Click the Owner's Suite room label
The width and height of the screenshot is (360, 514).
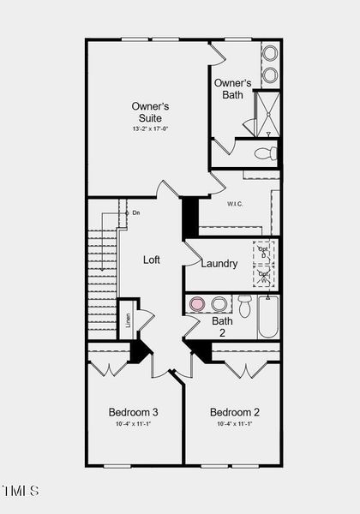coord(150,111)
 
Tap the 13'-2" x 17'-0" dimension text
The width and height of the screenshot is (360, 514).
coord(150,128)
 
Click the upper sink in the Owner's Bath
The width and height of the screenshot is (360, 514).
coord(270,52)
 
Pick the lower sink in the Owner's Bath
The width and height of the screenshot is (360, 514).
coord(270,74)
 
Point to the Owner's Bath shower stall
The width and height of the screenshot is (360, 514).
coord(267,114)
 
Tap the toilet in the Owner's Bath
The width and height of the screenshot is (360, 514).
coord(267,153)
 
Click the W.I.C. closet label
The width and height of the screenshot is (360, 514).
coord(237,204)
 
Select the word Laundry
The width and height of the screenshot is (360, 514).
coord(219,263)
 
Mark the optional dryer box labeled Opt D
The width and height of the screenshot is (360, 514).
coord(264,254)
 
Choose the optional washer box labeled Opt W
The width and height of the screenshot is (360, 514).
coord(264,276)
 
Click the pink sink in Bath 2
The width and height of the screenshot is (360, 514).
coord(197,303)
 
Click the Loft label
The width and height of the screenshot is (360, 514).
coord(152,260)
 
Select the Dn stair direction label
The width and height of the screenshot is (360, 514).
coord(135,212)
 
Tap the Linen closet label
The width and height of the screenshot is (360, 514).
coord(128,320)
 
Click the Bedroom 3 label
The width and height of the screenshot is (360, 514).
coord(133,412)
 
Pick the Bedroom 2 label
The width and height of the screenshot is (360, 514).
coord(234,412)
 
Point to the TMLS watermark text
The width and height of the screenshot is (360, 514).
coord(21,491)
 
